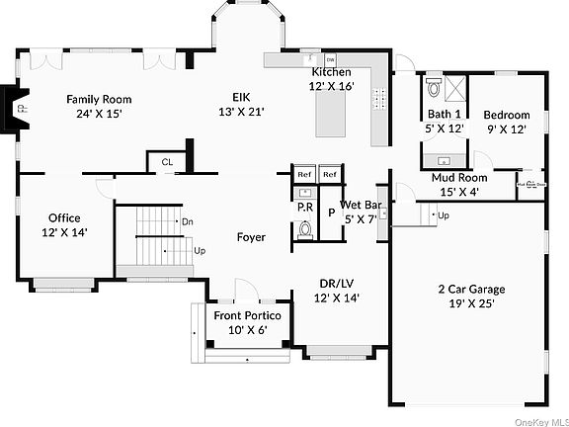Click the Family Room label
[99, 99]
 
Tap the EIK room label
[241, 96]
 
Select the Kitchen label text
[332, 73]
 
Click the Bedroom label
[506, 115]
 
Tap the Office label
[64, 218]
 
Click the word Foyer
[251, 237]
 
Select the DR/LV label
[337, 283]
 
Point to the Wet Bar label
[361, 206]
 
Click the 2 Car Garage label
[471, 290]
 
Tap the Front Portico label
[248, 315]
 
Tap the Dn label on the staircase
[187, 221]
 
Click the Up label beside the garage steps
[444, 215]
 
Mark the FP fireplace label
[22, 100]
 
